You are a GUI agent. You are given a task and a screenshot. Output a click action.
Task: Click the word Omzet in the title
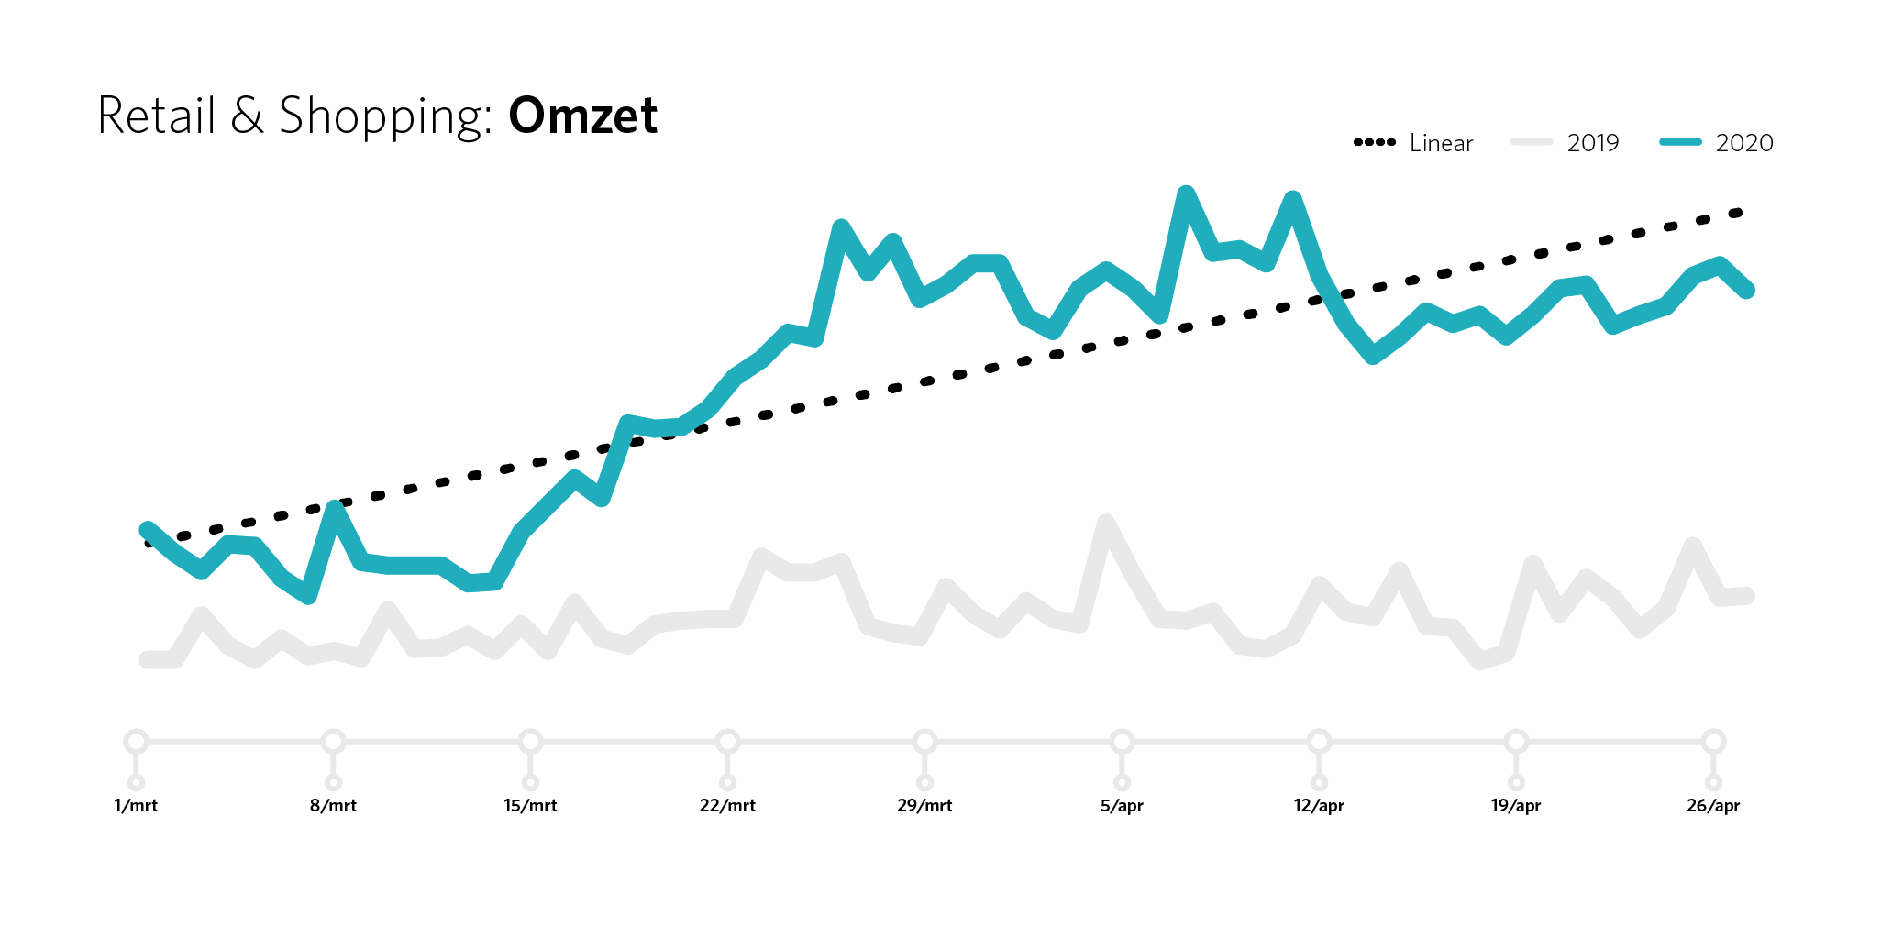click(x=582, y=116)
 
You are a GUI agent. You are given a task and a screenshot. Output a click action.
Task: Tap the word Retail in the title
click(x=156, y=116)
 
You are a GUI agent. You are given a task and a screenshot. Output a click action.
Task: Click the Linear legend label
click(x=1441, y=143)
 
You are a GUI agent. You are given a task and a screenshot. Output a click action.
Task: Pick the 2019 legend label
click(x=1593, y=143)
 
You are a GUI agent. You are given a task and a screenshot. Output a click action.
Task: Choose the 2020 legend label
click(x=1744, y=143)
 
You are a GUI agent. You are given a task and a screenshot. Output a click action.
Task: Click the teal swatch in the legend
click(x=1681, y=142)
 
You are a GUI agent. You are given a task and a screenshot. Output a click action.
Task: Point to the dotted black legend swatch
click(x=1375, y=142)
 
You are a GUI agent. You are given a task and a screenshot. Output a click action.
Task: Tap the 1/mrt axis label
click(x=136, y=806)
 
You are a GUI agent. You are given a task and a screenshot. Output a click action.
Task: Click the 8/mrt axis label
click(x=333, y=806)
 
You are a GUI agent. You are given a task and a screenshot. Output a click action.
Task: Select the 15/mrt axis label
click(x=530, y=806)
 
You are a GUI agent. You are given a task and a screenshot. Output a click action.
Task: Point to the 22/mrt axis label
click(x=727, y=806)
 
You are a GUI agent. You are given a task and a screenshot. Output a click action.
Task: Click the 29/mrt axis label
click(x=924, y=806)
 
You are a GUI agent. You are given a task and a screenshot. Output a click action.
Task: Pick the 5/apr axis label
click(x=1122, y=806)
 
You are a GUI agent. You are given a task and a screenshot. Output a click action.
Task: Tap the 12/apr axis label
click(x=1319, y=806)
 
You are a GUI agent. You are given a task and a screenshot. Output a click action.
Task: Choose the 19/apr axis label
click(x=1516, y=806)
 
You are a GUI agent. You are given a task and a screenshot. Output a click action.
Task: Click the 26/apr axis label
click(x=1713, y=806)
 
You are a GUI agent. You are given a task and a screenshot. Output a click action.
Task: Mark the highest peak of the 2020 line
click(x=1186, y=193)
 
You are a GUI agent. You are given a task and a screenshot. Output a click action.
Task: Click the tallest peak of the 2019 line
click(x=1106, y=523)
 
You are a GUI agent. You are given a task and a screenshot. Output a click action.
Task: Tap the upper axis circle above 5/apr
click(x=1122, y=741)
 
